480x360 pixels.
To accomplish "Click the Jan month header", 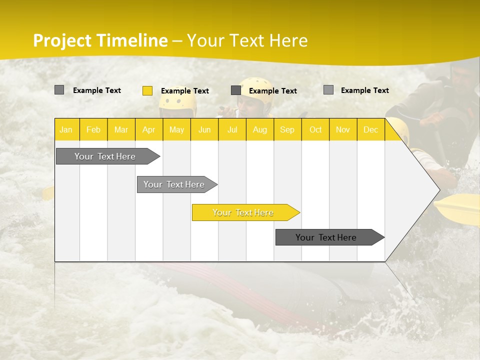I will pyautogui.click(x=66, y=129).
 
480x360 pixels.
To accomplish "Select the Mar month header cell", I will pyautogui.click(x=121, y=129).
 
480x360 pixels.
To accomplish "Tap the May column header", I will pyautogui.click(x=176, y=129).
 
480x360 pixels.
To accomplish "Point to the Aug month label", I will pyautogui.click(x=259, y=129).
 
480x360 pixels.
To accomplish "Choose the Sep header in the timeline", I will pyautogui.click(x=287, y=129).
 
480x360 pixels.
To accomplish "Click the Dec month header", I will pyautogui.click(x=370, y=129).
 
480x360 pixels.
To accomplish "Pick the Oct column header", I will pyautogui.click(x=315, y=129).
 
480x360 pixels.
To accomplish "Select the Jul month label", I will pyautogui.click(x=232, y=129).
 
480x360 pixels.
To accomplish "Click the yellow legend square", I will pyautogui.click(x=147, y=90).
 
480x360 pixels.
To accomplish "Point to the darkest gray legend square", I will pyautogui.click(x=236, y=90).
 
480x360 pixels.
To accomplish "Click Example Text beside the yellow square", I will pyautogui.click(x=184, y=90).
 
